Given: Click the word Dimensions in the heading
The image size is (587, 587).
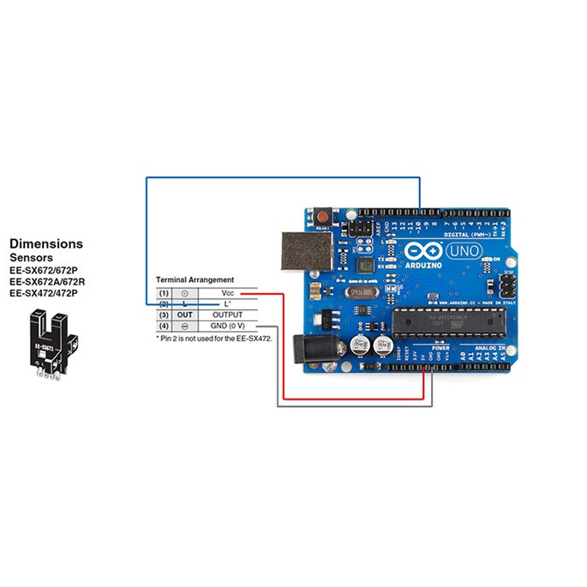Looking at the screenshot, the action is (x=45, y=243).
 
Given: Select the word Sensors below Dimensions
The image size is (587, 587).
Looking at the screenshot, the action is (x=31, y=257).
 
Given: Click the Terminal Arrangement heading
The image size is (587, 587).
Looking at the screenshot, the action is (x=194, y=280).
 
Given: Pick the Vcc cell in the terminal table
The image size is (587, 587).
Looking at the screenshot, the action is (x=227, y=293).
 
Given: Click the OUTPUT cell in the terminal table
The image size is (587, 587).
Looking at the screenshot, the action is (x=227, y=314).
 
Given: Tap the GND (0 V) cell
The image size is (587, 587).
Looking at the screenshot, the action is (x=227, y=326).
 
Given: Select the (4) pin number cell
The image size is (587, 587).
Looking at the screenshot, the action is (x=164, y=326).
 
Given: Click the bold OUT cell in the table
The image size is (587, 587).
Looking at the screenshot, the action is (x=185, y=314).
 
